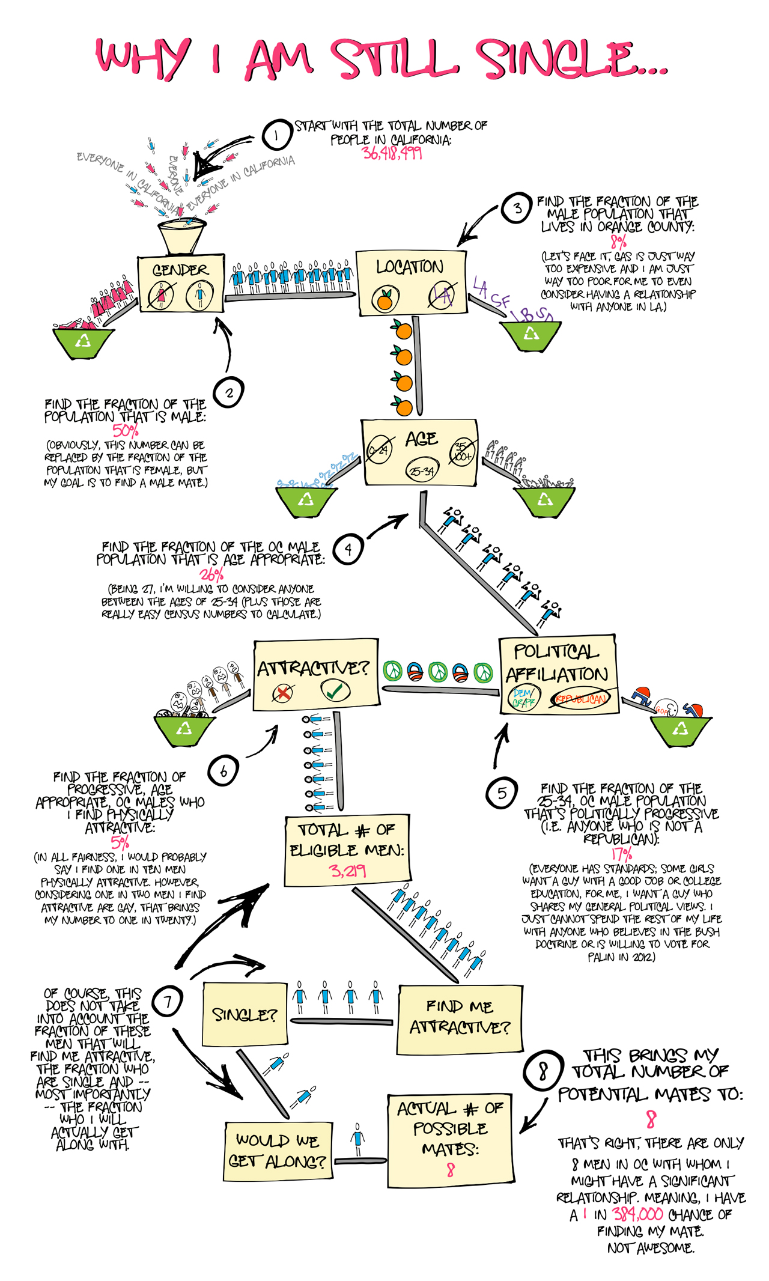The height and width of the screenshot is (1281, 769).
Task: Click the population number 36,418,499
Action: point(392,153)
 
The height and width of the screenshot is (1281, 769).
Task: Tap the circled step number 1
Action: point(276,135)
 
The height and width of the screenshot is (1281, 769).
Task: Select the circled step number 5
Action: point(502,793)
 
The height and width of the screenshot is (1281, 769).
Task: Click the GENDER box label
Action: point(180,270)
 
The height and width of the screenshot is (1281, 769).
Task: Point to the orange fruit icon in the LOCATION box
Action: point(384,298)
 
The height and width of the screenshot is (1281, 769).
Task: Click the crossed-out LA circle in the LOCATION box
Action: point(442,295)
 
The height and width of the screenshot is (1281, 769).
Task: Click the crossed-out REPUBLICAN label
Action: point(581,699)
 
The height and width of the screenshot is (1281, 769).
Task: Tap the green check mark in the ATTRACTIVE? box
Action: point(335,691)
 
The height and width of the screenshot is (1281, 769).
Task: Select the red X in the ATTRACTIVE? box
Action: point(282,693)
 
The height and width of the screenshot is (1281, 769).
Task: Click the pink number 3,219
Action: point(348,871)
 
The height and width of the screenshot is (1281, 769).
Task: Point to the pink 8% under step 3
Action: point(618,242)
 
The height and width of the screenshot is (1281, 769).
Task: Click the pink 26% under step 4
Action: point(211,574)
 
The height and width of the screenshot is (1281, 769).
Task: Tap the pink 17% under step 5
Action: point(621,854)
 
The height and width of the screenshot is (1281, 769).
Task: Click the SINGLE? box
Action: point(245,1015)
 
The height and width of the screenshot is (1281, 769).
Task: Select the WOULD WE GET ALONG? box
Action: point(278,1150)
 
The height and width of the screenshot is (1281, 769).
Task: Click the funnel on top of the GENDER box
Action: point(181,237)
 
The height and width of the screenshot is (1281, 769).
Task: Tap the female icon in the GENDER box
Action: point(161,295)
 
